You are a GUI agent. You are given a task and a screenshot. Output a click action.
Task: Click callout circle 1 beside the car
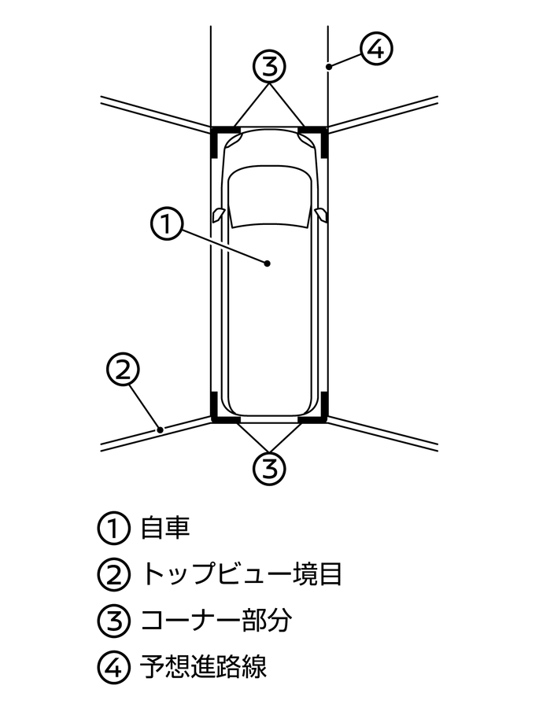[166, 223]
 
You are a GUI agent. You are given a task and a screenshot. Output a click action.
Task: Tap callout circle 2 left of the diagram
[122, 370]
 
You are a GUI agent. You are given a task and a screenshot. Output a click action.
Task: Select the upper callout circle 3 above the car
[269, 67]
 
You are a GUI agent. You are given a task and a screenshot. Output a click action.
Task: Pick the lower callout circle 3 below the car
[269, 467]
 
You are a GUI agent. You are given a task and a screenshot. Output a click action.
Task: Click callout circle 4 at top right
[375, 50]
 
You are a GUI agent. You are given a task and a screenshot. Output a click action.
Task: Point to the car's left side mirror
[218, 214]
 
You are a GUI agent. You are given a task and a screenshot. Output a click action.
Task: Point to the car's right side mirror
[319, 214]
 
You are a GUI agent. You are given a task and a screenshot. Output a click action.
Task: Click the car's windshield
[269, 197]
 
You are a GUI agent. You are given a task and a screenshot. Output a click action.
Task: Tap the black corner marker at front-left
[218, 134]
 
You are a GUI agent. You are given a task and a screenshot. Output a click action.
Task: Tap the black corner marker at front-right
[319, 134]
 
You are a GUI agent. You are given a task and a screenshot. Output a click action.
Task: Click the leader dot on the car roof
[268, 264]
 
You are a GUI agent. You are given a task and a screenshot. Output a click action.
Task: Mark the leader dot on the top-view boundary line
[161, 429]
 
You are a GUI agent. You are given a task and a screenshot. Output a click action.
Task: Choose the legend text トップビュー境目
[241, 574]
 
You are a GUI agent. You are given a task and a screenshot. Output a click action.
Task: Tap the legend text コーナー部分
[216, 621]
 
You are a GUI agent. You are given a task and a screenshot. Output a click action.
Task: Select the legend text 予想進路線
[203, 667]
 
